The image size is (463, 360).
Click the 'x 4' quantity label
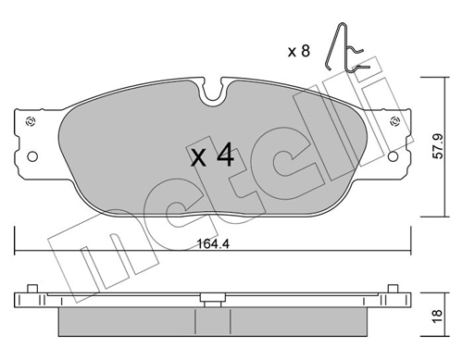(x=212, y=155)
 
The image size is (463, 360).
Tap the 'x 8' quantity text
(x=298, y=52)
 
